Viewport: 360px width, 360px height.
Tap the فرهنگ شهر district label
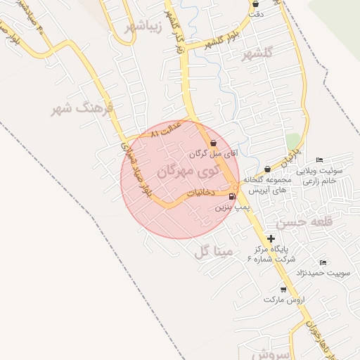[x=72, y=110]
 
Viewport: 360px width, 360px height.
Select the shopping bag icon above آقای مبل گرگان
[x=213, y=143]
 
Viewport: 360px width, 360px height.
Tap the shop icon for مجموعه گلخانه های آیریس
[x=268, y=169]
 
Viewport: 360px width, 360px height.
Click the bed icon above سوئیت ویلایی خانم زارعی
[x=320, y=160]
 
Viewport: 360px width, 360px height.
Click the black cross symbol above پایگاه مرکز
[x=271, y=239]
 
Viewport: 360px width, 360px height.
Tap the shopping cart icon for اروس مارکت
[x=283, y=289]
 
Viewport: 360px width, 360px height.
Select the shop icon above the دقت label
[x=255, y=4]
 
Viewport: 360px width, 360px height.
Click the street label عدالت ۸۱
[x=166, y=129]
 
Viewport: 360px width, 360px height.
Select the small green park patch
[x=292, y=141]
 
